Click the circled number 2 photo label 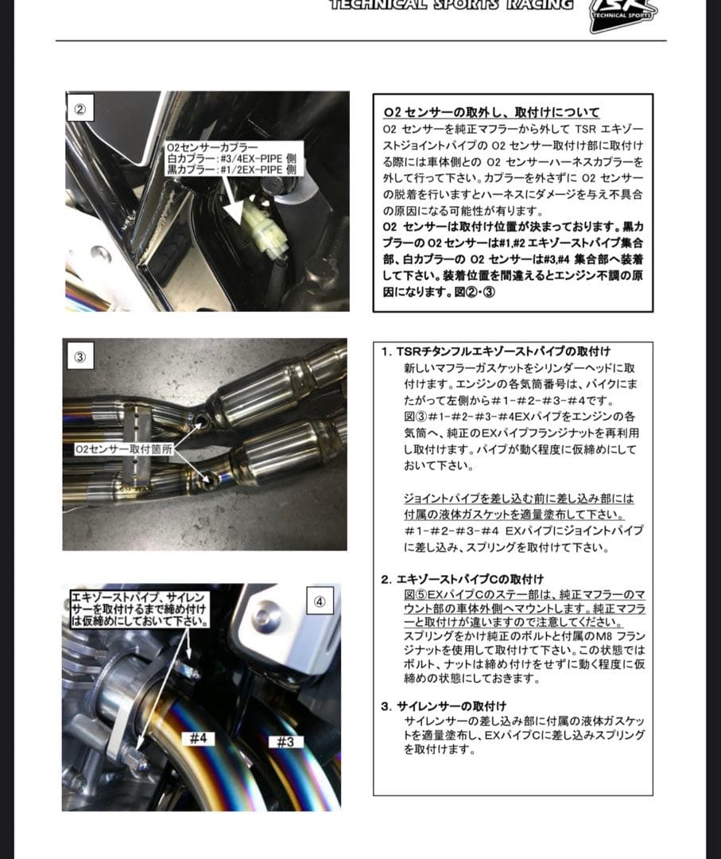(x=79, y=110)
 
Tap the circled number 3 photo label (x=79, y=357)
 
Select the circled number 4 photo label (x=319, y=602)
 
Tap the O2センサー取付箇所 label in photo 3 (x=123, y=449)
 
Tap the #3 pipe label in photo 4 (x=286, y=742)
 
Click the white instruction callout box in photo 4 (x=140, y=608)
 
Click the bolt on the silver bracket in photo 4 (x=265, y=616)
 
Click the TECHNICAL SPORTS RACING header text (x=451, y=5)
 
